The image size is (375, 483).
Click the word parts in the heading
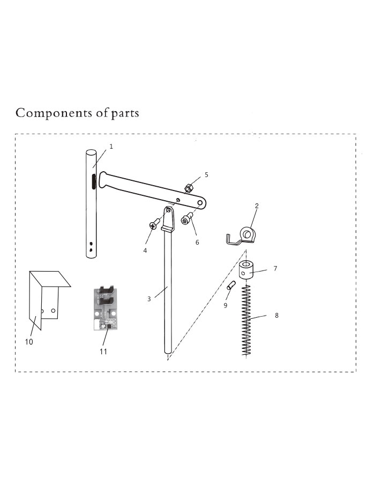pyautogui.click(x=125, y=114)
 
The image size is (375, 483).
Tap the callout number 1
pyautogui.click(x=111, y=147)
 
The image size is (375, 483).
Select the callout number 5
pyautogui.click(x=207, y=174)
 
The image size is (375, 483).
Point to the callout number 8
pyautogui.click(x=276, y=316)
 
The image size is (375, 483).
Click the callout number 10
pyautogui.click(x=29, y=342)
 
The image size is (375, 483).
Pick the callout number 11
pyautogui.click(x=103, y=352)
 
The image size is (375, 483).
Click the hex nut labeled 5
pyautogui.click(x=189, y=187)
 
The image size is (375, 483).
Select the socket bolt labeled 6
pyautogui.click(x=186, y=219)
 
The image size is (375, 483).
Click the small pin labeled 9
pyautogui.click(x=231, y=285)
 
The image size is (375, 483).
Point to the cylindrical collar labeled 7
pyautogui.click(x=245, y=270)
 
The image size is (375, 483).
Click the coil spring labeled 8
pyautogui.click(x=246, y=320)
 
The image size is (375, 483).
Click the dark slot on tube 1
pyautogui.click(x=93, y=181)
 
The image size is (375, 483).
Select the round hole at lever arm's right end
pyautogui.click(x=200, y=203)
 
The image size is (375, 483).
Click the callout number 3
pyautogui.click(x=149, y=299)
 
